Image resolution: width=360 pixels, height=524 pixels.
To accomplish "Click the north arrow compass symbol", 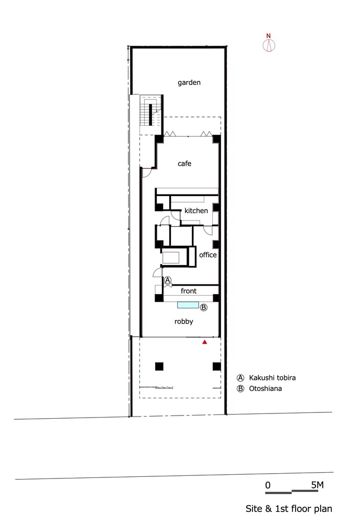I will pyautogui.click(x=269, y=46).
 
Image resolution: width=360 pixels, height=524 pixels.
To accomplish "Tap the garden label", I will pyautogui.click(x=189, y=83).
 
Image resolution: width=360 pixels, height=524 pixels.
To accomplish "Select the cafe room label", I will pyautogui.click(x=184, y=163).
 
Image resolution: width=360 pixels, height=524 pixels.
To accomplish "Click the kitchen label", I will pyautogui.click(x=196, y=211).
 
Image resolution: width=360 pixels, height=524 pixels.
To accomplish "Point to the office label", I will pyautogui.click(x=208, y=255).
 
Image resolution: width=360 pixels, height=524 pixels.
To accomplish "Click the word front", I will pyautogui.click(x=189, y=290).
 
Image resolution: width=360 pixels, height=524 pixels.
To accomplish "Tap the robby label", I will pyautogui.click(x=184, y=322).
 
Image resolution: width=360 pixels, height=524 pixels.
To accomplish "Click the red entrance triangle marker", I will pyautogui.click(x=205, y=342).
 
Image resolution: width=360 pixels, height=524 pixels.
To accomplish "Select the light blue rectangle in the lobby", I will pyautogui.click(x=188, y=305).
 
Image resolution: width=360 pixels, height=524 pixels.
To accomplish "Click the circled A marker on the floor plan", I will pyautogui.click(x=168, y=280).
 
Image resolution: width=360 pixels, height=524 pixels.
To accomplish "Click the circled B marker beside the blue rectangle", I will pyautogui.click(x=204, y=307).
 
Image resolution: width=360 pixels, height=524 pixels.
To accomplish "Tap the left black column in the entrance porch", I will pyautogui.click(x=159, y=366).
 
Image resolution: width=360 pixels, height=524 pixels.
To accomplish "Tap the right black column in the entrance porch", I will pyautogui.click(x=216, y=366).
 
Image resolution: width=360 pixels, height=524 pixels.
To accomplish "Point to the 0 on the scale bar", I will pyautogui.click(x=267, y=485).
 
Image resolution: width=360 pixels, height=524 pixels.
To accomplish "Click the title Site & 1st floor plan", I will pyautogui.click(x=289, y=509).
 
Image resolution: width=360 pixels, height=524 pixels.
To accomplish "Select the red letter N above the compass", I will pyautogui.click(x=269, y=36).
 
